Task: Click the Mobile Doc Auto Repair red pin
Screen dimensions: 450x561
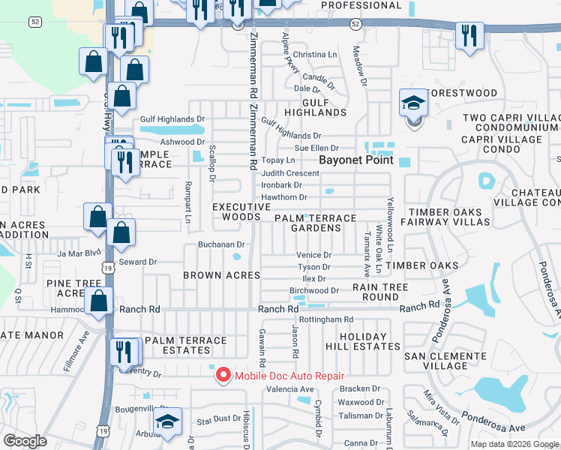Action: [223, 375]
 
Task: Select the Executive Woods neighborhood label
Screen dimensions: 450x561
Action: [241, 211]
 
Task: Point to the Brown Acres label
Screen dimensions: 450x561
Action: [221, 275]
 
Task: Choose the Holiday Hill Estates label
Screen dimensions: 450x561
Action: [363, 341]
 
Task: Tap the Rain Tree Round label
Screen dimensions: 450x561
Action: [380, 292]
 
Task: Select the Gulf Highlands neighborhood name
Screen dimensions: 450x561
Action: [324, 107]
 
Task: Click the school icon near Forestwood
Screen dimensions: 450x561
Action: [413, 104]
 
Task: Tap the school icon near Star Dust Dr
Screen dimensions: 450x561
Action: [169, 423]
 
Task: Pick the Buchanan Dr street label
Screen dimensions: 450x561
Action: [221, 244]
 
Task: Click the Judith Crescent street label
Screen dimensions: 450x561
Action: [290, 173]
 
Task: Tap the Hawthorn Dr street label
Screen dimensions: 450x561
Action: [283, 197]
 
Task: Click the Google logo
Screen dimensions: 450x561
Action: [25, 441]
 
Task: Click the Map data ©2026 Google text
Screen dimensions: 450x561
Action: [514, 444]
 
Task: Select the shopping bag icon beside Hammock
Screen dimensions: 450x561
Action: [99, 301]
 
